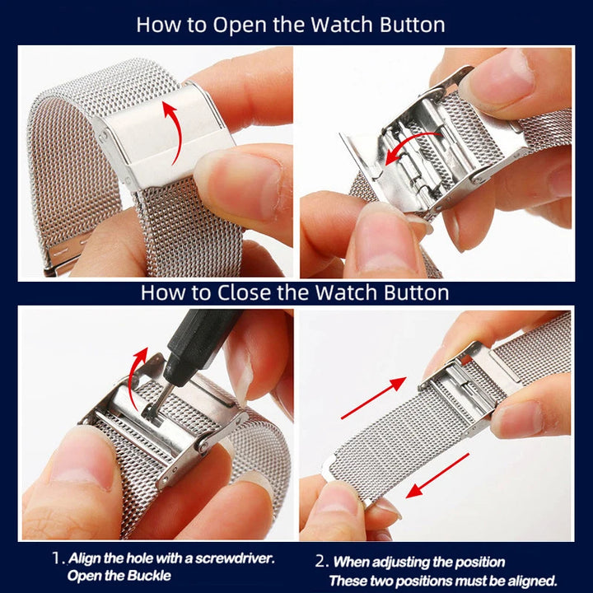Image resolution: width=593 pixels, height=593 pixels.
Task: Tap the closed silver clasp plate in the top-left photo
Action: point(165,136)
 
